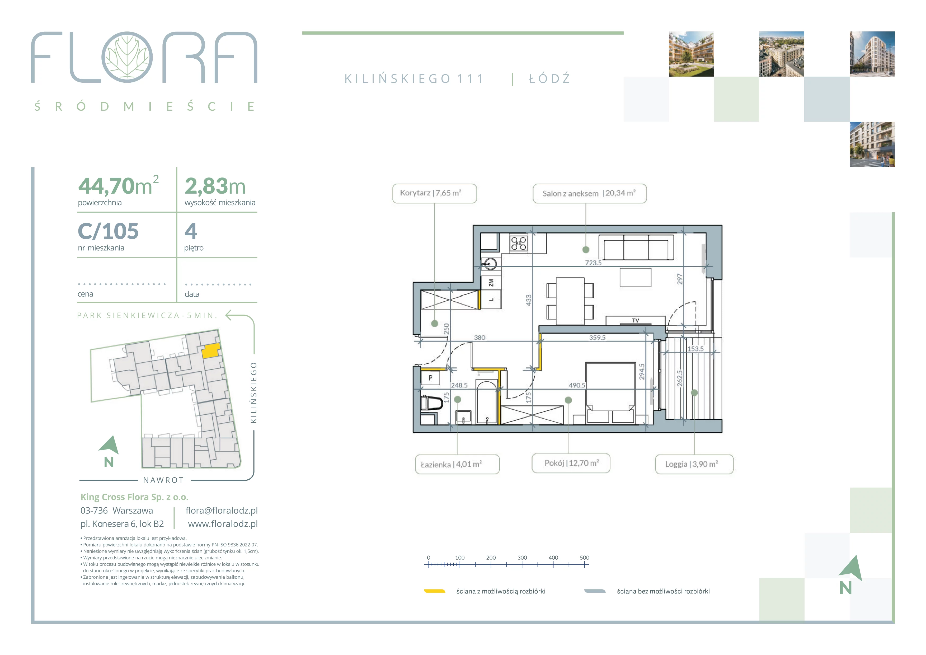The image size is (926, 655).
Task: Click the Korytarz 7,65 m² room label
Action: (430, 193)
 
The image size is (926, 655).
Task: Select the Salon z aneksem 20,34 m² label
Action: (589, 193)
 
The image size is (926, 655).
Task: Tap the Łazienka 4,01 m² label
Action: (451, 464)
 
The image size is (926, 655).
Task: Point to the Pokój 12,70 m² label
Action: (571, 463)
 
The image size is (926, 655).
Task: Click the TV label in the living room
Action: (635, 321)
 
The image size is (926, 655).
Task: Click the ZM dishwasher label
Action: (491, 283)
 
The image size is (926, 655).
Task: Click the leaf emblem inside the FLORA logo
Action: (127, 57)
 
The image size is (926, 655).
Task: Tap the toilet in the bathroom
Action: (430, 403)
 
